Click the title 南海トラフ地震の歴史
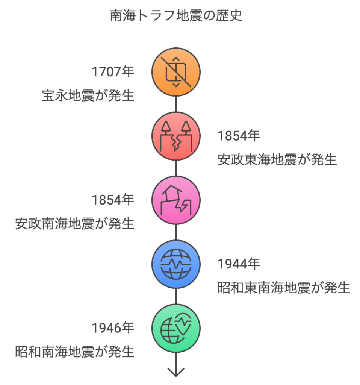click(x=176, y=16)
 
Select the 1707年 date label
click(x=113, y=72)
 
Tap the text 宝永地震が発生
click(x=88, y=96)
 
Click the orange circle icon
click(x=176, y=72)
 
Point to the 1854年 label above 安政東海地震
click(x=239, y=136)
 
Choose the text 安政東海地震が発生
click(x=277, y=160)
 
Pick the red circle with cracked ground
click(x=176, y=136)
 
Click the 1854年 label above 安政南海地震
click(x=113, y=200)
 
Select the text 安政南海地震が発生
click(x=74, y=224)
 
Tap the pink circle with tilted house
click(x=176, y=200)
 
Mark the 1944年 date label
click(x=239, y=264)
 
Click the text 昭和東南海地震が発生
click(x=284, y=288)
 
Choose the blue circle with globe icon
click(x=176, y=264)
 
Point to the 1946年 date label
click(x=113, y=328)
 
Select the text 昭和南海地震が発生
click(x=74, y=352)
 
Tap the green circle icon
click(x=176, y=328)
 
